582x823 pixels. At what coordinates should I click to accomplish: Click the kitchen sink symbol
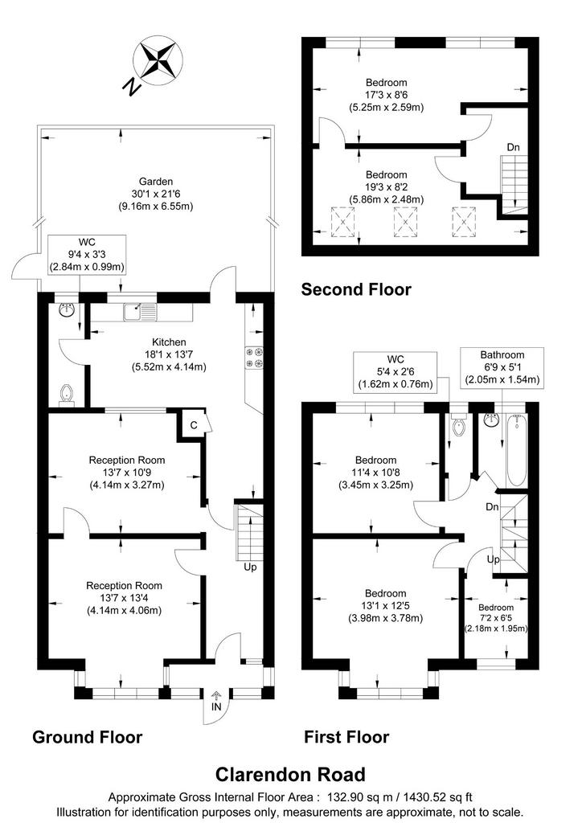[x=140, y=312]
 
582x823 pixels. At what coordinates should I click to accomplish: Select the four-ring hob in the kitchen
[x=254, y=358]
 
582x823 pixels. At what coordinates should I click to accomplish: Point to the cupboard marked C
[x=195, y=424]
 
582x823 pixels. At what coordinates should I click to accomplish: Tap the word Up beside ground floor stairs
[x=250, y=567]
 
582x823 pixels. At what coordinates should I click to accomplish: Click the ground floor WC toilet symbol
[x=66, y=395]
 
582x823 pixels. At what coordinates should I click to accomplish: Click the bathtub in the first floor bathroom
[x=516, y=450]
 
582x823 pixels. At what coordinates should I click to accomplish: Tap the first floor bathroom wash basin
[x=492, y=420]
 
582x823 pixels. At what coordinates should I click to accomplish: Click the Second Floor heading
[x=356, y=289]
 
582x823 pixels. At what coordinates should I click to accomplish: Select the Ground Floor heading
[x=87, y=737]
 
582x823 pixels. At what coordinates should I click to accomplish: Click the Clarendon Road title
[x=291, y=774]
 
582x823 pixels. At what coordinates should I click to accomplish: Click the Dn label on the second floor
[x=513, y=148]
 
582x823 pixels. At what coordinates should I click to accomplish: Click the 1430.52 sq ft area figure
[x=437, y=796]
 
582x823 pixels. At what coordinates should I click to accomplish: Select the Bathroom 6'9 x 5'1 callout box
[x=502, y=367]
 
